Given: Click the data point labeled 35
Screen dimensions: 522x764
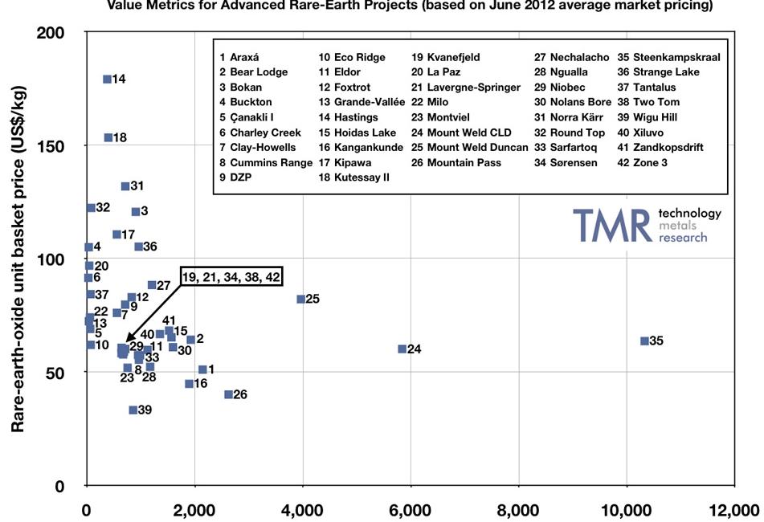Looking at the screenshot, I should (x=644, y=341).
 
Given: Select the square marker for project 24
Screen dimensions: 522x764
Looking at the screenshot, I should (x=402, y=349).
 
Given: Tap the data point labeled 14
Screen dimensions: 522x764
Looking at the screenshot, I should (x=107, y=79).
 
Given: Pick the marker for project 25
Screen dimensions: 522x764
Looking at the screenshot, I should (x=301, y=299).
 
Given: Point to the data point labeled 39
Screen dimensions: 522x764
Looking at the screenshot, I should (x=133, y=410).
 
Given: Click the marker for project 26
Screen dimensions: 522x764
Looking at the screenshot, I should (x=228, y=394).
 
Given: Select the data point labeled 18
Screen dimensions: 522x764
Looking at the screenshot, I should (x=108, y=137).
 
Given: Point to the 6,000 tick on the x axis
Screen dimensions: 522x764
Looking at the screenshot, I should (x=411, y=508).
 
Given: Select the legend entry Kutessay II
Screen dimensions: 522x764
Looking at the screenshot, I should (x=353, y=177).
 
